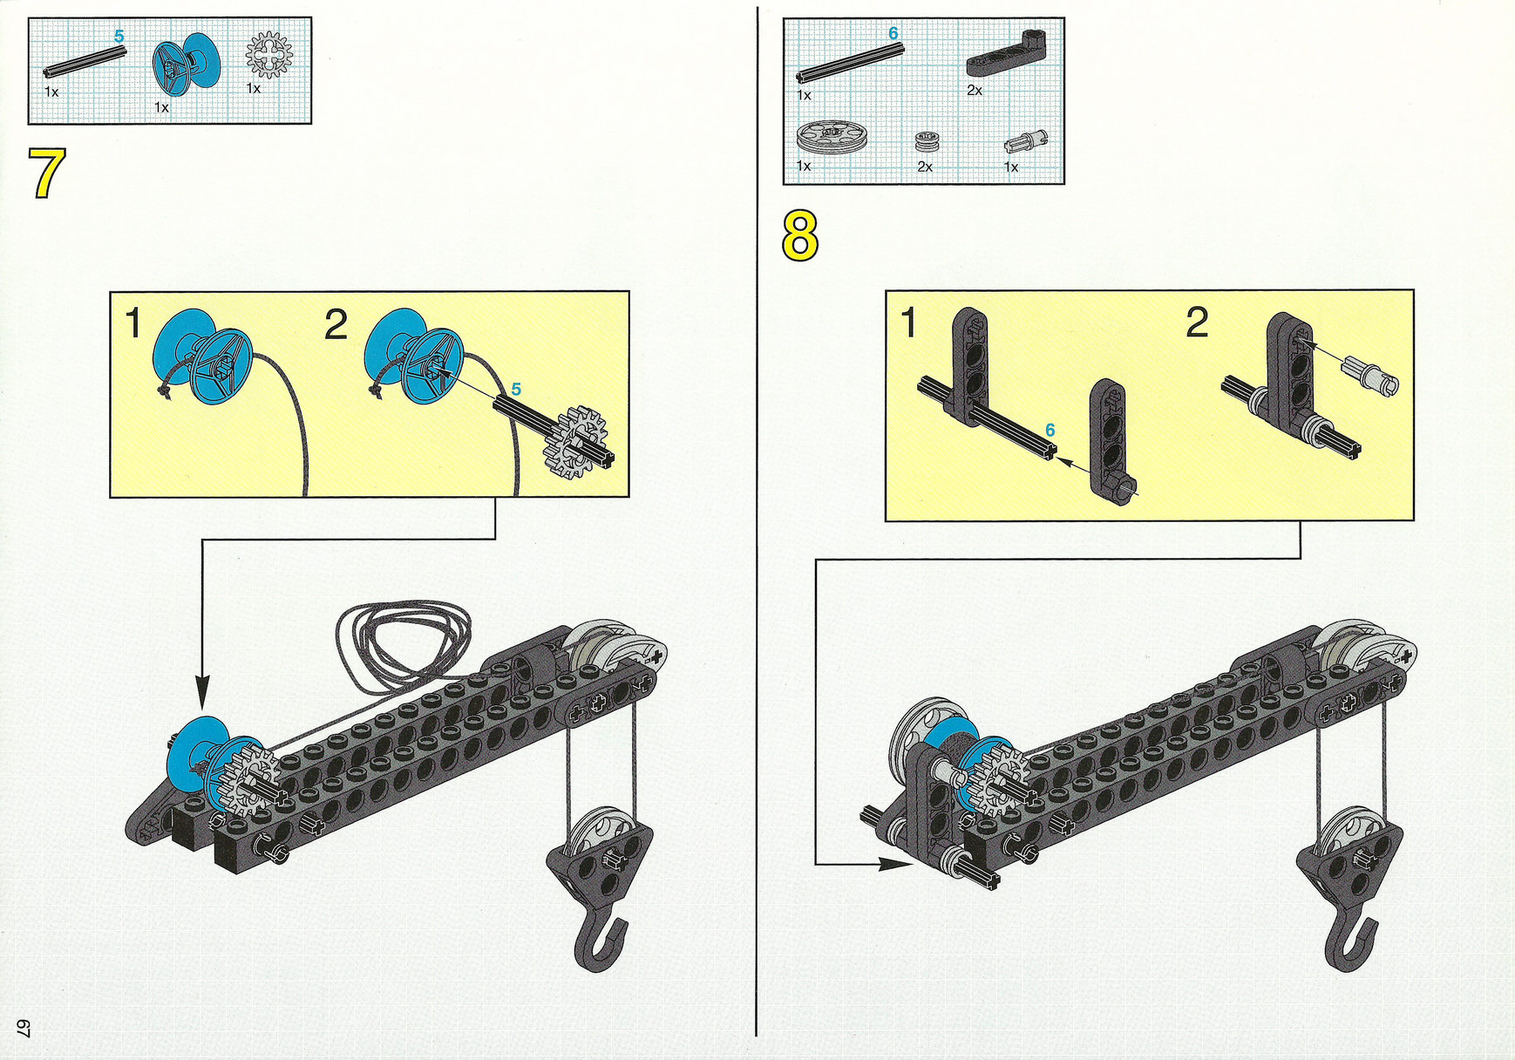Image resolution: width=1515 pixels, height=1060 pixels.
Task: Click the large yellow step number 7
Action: [47, 173]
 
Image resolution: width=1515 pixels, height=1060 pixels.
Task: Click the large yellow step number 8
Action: [800, 235]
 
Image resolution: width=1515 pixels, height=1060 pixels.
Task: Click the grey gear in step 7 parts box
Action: [268, 55]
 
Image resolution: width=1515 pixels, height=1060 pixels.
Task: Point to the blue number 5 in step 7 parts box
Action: [119, 37]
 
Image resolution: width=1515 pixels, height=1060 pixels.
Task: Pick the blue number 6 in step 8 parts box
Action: [893, 33]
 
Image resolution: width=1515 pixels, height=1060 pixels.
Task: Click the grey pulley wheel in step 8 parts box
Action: [826, 139]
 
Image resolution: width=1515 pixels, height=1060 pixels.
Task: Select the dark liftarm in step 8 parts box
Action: [1007, 53]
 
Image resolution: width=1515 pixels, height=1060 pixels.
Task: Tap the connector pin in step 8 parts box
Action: [1026, 142]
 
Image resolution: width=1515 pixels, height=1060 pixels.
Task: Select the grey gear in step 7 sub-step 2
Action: [575, 442]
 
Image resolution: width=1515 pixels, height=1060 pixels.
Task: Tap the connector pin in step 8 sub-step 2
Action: [1372, 375]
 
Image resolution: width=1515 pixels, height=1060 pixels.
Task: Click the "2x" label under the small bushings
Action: [925, 166]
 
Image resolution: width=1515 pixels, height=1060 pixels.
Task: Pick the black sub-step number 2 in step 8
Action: [1197, 323]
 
